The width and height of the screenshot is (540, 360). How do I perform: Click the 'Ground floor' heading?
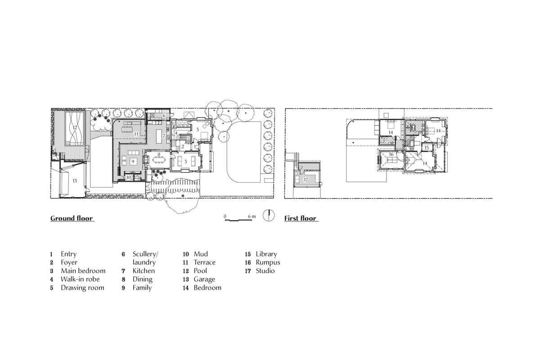point(72,219)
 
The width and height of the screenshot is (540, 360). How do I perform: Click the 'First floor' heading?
point(301,219)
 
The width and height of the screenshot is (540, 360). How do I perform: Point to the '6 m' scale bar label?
point(252,216)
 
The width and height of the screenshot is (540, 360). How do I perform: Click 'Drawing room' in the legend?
point(82,288)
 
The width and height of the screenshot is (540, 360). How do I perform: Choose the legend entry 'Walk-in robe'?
point(80,279)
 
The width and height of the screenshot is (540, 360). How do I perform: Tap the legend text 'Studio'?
point(265,270)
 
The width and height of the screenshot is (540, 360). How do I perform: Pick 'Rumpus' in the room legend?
point(268,262)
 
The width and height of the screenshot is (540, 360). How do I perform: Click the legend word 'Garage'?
point(204,279)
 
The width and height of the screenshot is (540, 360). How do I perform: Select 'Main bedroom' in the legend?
point(83,270)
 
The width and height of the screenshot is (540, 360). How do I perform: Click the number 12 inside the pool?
point(75,128)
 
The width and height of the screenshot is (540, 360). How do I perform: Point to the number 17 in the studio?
point(306,180)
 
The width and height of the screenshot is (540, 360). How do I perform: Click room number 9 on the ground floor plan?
point(133,161)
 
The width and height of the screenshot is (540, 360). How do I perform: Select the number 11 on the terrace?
point(135,134)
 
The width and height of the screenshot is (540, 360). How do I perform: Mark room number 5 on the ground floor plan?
point(185,161)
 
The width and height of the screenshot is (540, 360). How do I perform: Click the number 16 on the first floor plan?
point(391,154)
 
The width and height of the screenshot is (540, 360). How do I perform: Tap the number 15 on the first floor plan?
point(426,147)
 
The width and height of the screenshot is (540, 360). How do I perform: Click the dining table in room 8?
point(158,159)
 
